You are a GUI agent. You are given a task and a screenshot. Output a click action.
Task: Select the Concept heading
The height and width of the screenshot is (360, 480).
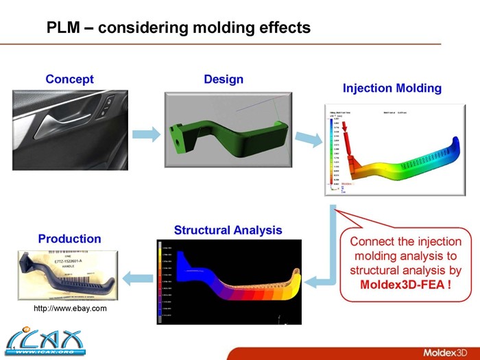pos(69,80)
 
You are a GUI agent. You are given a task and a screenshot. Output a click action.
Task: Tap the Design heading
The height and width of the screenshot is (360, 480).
pos(224,80)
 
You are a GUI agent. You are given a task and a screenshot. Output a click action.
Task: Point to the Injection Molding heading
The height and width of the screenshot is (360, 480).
pos(392,88)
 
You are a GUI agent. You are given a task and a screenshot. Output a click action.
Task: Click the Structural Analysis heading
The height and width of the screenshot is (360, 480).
pos(228,230)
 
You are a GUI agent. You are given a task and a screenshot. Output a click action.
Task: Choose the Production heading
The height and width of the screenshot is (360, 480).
pos(69,239)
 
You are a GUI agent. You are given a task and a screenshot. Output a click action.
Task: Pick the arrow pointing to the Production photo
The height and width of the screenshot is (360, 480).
pos(137,277)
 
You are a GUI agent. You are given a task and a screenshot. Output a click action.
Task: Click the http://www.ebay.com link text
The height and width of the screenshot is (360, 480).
pos(70,309)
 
